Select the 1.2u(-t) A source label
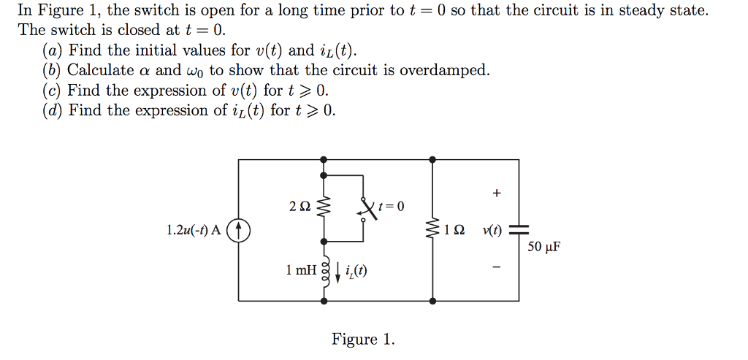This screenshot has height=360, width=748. pyautogui.click(x=194, y=231)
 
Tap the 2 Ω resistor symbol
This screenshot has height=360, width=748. pyautogui.click(x=325, y=208)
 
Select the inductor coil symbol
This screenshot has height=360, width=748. pyautogui.click(x=325, y=272)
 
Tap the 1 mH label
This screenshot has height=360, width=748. pyautogui.click(x=302, y=270)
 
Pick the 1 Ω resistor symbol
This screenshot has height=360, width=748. pyautogui.click(x=434, y=231)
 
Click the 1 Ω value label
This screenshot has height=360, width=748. pyautogui.click(x=454, y=231)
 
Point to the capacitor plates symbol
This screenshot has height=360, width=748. pyautogui.click(x=519, y=229)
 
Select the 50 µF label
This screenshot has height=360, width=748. pyautogui.click(x=543, y=246)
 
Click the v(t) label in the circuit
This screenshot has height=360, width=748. pyautogui.click(x=492, y=231)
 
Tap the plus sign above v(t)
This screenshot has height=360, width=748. pyautogui.click(x=497, y=194)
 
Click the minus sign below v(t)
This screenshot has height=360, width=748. pyautogui.click(x=497, y=269)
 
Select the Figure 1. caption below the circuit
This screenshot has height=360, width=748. pyautogui.click(x=363, y=340)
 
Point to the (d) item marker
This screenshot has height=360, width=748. pyautogui.click(x=52, y=111)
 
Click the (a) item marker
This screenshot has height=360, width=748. pyautogui.click(x=52, y=51)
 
